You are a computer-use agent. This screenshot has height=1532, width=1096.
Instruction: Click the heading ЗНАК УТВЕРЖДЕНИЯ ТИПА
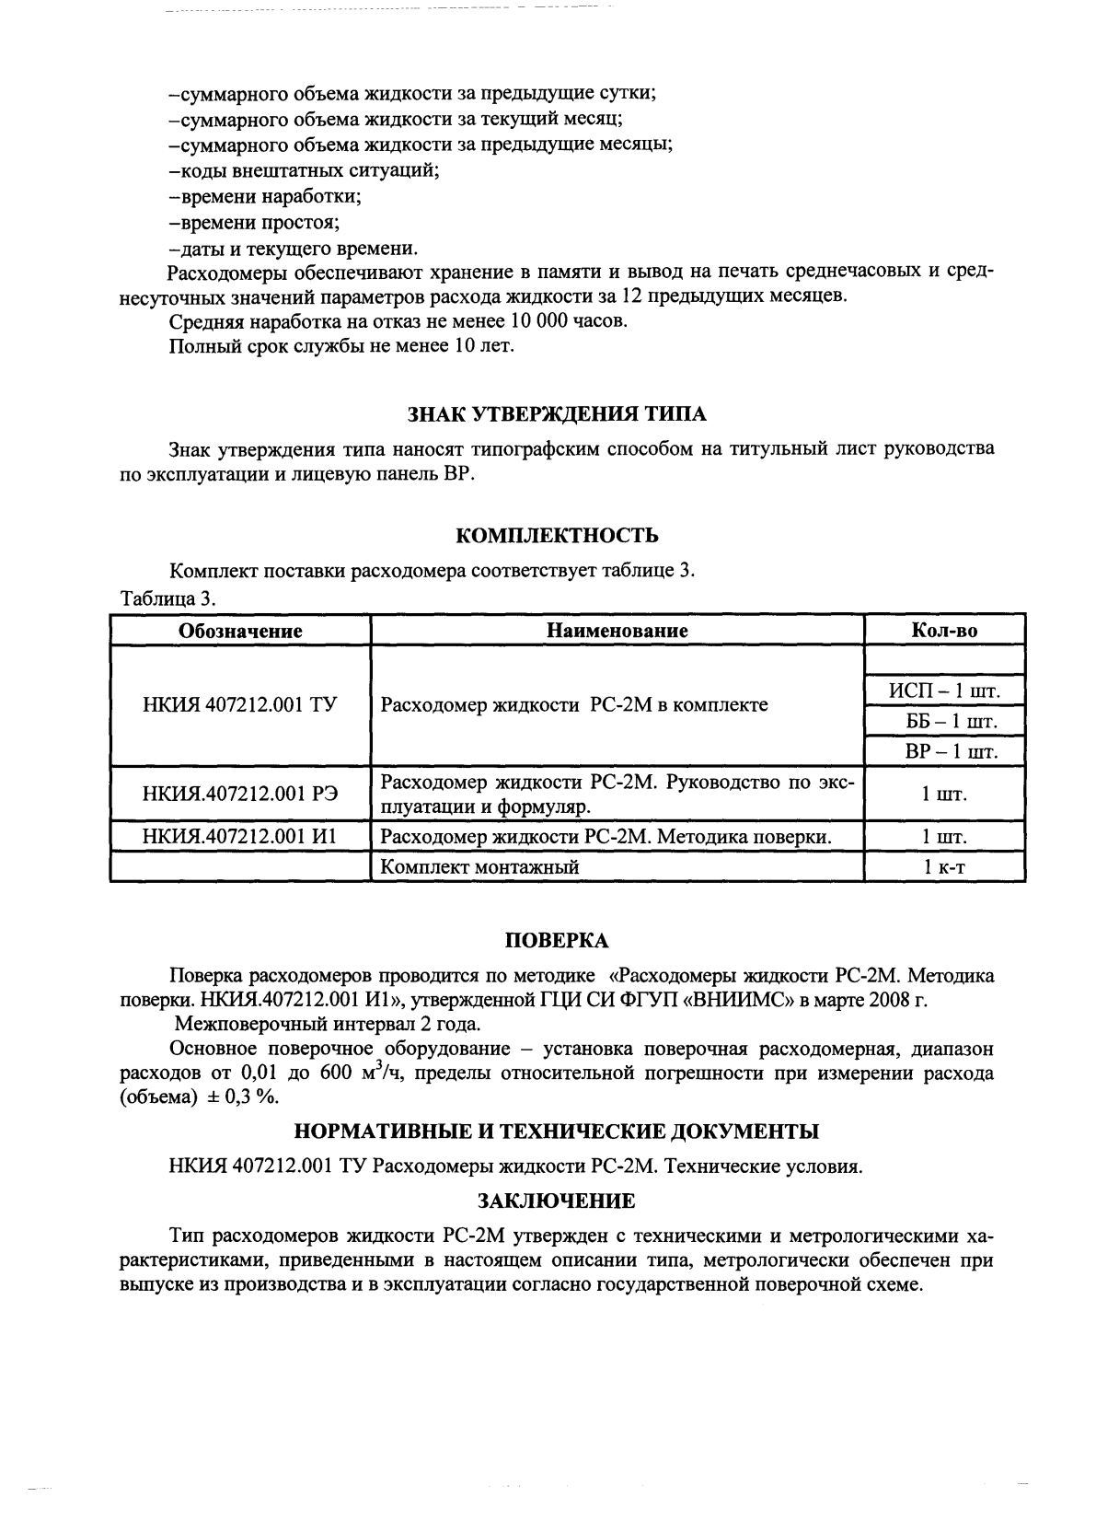(x=557, y=414)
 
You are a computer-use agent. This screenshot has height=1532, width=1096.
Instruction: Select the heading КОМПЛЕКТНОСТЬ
(x=557, y=536)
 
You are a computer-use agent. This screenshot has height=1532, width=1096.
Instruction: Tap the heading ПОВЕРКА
(x=557, y=940)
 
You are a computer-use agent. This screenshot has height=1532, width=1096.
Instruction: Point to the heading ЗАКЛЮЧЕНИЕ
(x=557, y=1201)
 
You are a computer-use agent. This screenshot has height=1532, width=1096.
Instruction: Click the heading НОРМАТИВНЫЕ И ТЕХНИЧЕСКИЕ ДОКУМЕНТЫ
(x=557, y=1131)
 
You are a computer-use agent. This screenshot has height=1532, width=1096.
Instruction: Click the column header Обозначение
(x=240, y=631)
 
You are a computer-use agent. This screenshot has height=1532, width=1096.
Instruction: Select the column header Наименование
(x=617, y=631)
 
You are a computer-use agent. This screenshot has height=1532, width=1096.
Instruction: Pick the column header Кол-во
(x=944, y=631)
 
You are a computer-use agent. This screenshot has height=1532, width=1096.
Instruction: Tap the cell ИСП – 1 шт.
(x=944, y=690)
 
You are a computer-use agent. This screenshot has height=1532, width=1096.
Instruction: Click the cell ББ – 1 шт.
(x=944, y=720)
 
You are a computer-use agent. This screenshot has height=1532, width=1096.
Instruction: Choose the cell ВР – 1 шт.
(x=944, y=751)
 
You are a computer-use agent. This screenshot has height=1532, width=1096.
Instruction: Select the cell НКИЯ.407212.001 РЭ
(x=240, y=794)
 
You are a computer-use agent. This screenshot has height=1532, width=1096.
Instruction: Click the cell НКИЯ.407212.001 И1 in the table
(x=240, y=837)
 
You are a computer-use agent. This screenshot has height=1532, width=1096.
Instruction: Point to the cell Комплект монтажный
(x=479, y=866)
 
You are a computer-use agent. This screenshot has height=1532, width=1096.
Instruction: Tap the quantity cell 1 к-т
(x=944, y=866)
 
